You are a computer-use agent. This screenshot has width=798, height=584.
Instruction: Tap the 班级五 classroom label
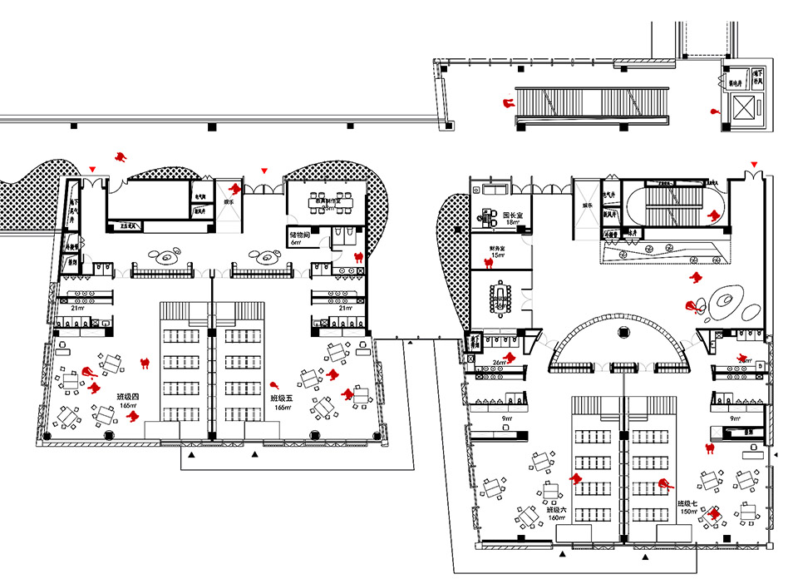pyautogui.click(x=282, y=399)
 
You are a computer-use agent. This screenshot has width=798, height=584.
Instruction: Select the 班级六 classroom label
pyautogui.click(x=556, y=509)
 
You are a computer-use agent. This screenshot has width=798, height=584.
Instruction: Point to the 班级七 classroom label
pyautogui.click(x=689, y=503)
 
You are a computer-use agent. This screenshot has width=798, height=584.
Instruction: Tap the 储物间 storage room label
pyautogui.click(x=300, y=235)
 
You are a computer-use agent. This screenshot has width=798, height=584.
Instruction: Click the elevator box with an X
pyautogui.click(x=743, y=108)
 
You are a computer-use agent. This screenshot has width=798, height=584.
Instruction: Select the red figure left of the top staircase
pyautogui.click(x=505, y=103)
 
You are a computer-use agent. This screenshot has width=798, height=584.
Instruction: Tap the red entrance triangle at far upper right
pyautogui.click(x=754, y=163)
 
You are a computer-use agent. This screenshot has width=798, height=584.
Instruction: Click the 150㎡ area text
pyautogui.click(x=689, y=512)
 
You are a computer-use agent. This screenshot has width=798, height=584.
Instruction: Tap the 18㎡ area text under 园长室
pyautogui.click(x=514, y=223)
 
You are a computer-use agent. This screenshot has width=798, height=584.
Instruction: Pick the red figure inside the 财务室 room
pyautogui.click(x=487, y=264)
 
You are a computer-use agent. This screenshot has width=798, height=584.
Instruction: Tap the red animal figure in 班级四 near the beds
pyautogui.click(x=145, y=362)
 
